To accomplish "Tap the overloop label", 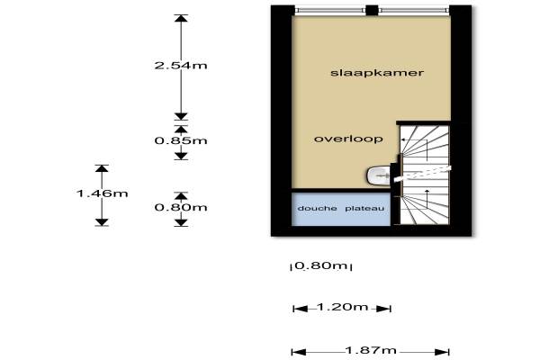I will (349, 139).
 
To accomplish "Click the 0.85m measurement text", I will (180, 140).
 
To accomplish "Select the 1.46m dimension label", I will (101, 193).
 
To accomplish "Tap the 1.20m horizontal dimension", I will (342, 308).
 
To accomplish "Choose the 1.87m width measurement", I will (371, 350).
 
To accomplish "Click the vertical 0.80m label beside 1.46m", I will (180, 207).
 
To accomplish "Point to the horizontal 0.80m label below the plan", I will (321, 265).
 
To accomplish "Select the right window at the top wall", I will (412, 10).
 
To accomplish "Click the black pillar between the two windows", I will (372, 10).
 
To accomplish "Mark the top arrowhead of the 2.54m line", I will (181, 19).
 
